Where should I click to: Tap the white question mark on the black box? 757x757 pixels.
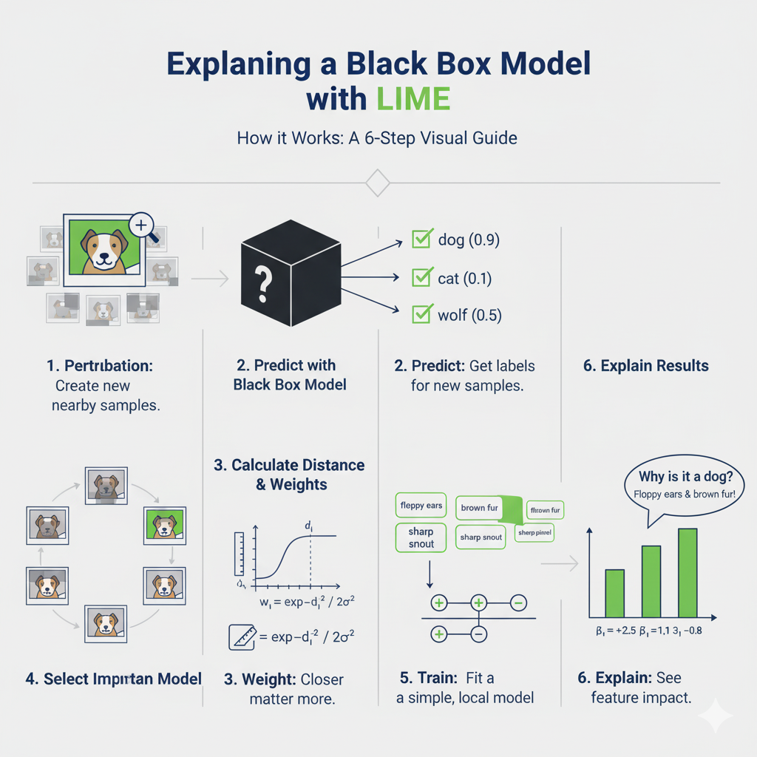pyautogui.click(x=263, y=282)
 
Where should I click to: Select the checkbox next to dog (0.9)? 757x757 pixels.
pyautogui.click(x=421, y=240)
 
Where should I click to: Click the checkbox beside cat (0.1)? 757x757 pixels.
pyautogui.click(x=421, y=278)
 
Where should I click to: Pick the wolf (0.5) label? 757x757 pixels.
pyautogui.click(x=469, y=316)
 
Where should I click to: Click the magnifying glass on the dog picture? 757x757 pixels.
pyautogui.click(x=143, y=224)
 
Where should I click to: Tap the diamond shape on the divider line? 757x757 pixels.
pyautogui.click(x=378, y=182)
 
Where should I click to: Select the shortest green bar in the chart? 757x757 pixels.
pyautogui.click(x=615, y=593)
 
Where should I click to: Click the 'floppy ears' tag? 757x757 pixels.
pyautogui.click(x=421, y=506)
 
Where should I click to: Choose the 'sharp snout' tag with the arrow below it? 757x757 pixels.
pyautogui.click(x=421, y=537)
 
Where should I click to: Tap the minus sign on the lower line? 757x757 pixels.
pyautogui.click(x=478, y=634)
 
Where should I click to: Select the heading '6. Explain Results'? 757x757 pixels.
pyautogui.click(x=645, y=366)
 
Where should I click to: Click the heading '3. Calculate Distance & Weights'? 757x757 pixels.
pyautogui.click(x=289, y=474)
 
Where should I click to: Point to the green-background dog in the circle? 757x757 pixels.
pyautogui.click(x=163, y=525)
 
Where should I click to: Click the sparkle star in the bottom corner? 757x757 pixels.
pyautogui.click(x=715, y=714)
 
